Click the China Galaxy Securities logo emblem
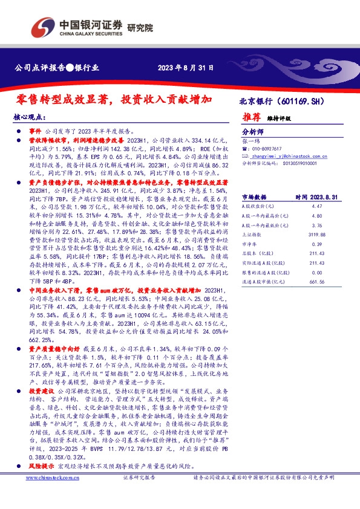pyautogui.click(x=43, y=27)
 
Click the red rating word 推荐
pyautogui.click(x=251, y=117)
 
